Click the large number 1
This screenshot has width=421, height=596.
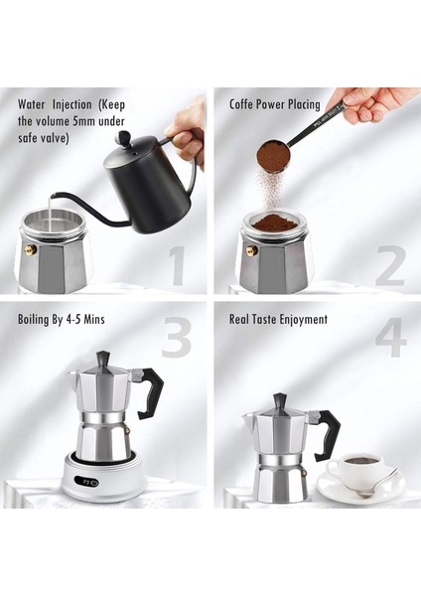coord(177,265)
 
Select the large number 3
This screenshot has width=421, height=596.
coord(176,340)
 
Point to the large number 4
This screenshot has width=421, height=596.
coord(390,340)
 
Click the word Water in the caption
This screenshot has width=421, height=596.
coord(36,103)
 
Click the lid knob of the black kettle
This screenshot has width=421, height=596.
coord(123,138)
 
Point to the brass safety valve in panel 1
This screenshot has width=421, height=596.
coord(31,250)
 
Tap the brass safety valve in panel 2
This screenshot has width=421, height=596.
coord(251,250)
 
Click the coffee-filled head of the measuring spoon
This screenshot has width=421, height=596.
coord(273,155)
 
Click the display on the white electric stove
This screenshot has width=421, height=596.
coord(91,486)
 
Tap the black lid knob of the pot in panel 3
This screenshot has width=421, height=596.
coord(102,358)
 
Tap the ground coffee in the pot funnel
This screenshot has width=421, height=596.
coord(275,223)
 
